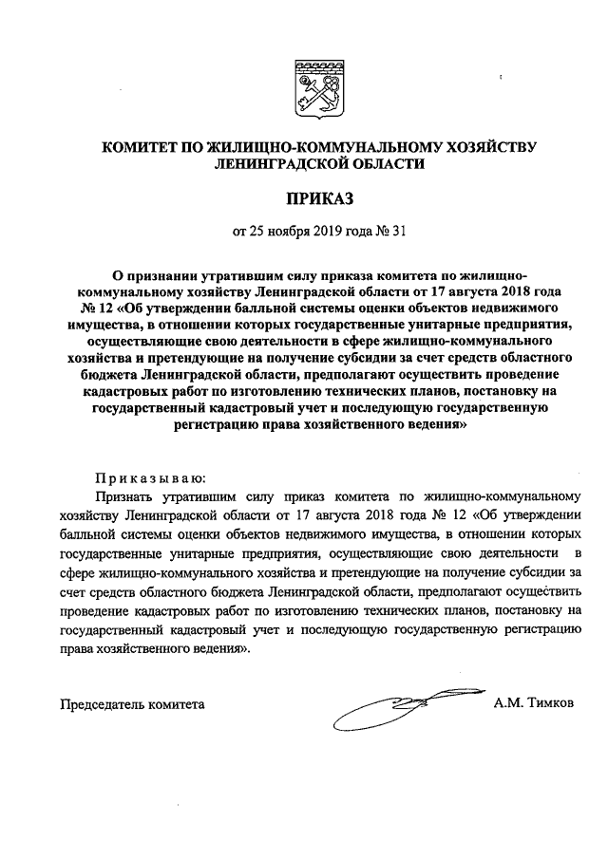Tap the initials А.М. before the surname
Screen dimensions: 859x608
coord(510,704)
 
